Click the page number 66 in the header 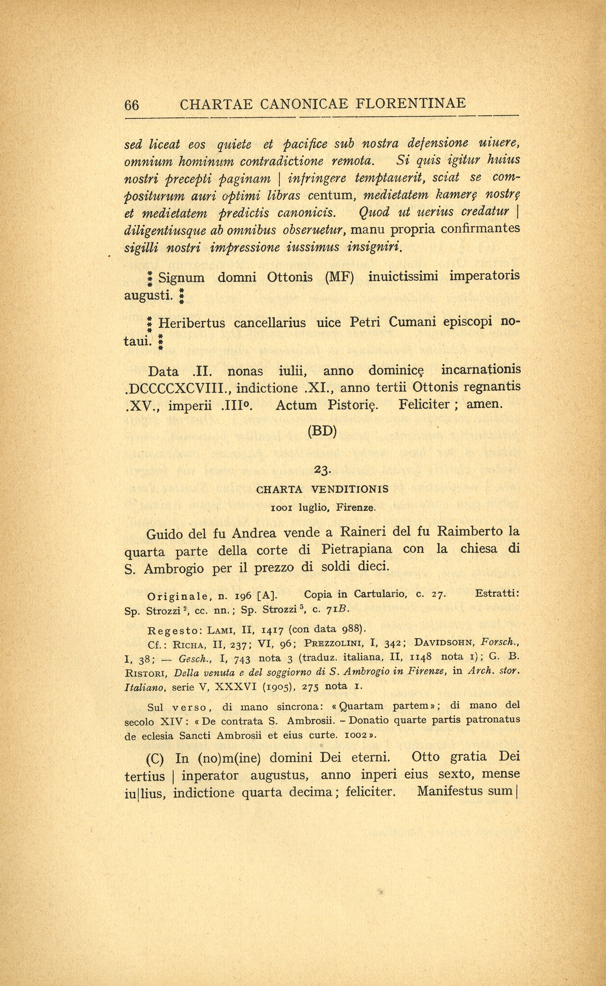[x=132, y=105]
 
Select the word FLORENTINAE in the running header [x=411, y=103]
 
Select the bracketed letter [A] [x=267, y=595]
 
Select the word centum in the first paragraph [x=330, y=196]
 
